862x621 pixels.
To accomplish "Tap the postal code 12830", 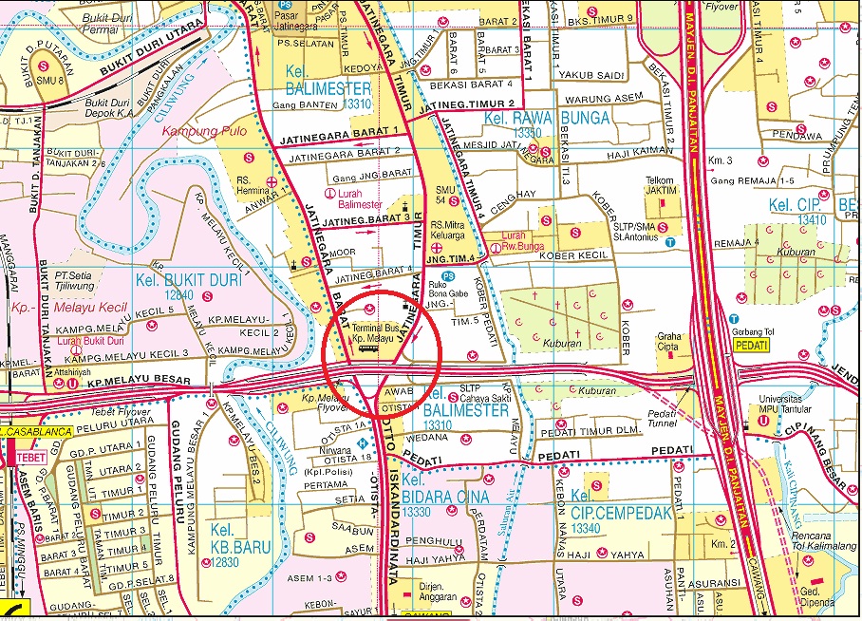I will (227, 563).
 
